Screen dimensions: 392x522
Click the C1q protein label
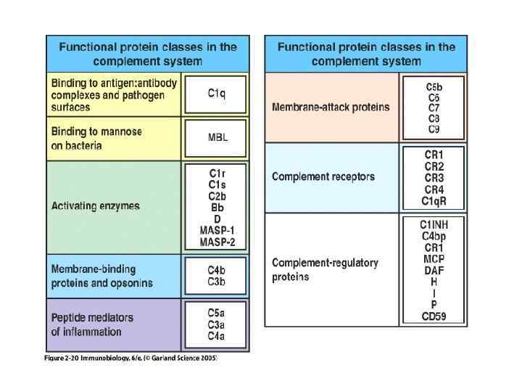click(217, 94)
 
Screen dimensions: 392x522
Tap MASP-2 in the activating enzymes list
click(217, 242)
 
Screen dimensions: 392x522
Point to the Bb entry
click(217, 208)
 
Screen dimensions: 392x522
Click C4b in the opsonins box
click(217, 270)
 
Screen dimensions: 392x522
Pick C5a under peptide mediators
click(217, 313)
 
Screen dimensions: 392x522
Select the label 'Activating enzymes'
click(95, 206)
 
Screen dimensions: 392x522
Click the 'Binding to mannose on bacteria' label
click(96, 138)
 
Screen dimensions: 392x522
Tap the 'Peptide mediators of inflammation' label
click(92, 324)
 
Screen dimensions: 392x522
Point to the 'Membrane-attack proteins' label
click(331, 107)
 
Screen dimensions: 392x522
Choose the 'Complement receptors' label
click(323, 176)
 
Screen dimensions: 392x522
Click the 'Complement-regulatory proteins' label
click(325, 269)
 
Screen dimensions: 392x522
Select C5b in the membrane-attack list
click(434, 87)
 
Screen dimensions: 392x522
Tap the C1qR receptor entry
click(434, 201)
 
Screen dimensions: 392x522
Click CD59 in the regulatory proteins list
click(434, 316)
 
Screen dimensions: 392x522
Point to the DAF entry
click(434, 270)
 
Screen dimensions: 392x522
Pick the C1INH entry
click(434, 224)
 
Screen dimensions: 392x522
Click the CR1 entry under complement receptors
click(434, 155)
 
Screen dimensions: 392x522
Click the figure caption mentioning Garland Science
click(130, 359)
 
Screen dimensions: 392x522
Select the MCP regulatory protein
click(434, 258)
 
